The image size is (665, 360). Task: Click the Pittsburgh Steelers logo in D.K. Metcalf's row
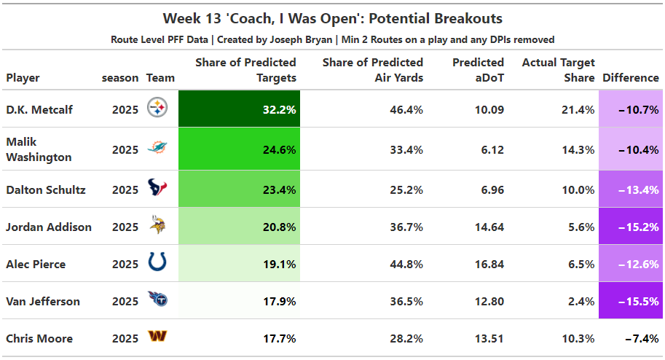coord(157,109)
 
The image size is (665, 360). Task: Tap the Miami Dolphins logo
coord(157,149)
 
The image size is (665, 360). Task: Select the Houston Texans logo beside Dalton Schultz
coord(157,189)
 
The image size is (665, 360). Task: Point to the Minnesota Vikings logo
coord(157,226)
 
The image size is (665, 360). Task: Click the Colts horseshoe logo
coord(157,263)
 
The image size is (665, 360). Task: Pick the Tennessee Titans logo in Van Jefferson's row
coord(157,300)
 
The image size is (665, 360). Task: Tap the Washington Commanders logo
coord(157,337)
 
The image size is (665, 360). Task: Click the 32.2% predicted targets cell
coord(239,109)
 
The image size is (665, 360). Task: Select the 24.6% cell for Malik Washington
coord(239,149)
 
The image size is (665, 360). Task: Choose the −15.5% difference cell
coord(630,301)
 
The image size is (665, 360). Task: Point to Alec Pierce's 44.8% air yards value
coord(406,265)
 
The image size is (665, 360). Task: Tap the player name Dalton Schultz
coord(46,190)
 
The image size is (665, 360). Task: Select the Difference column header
coord(631,78)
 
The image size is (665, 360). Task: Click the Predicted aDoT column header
coord(479,70)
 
